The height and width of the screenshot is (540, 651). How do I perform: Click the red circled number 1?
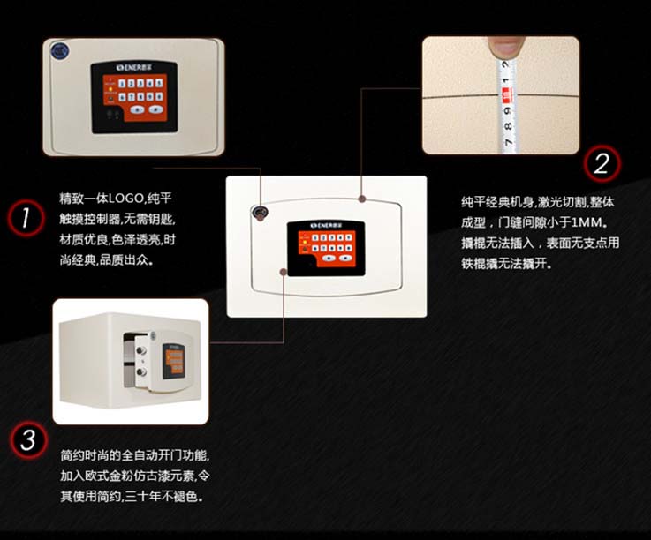click(x=26, y=218)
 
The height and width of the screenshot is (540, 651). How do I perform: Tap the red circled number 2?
click(x=602, y=163)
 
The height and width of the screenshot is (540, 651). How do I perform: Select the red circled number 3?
click(x=28, y=440)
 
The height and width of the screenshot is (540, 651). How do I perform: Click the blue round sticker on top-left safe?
click(x=60, y=51)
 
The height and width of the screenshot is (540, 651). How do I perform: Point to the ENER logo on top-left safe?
click(x=133, y=67)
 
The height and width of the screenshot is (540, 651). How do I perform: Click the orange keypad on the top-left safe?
click(x=135, y=97)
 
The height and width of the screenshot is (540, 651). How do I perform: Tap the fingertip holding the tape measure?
click(x=505, y=47)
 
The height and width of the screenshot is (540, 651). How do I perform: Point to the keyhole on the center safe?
click(x=260, y=213)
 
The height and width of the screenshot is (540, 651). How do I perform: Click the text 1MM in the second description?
click(x=586, y=222)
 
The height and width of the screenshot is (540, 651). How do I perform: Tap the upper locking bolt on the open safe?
click(x=142, y=351)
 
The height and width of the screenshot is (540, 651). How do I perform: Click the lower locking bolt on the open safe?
click(x=141, y=372)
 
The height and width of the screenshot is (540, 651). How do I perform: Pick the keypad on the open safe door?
click(x=173, y=362)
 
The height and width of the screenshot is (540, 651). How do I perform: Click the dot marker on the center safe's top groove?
click(x=362, y=199)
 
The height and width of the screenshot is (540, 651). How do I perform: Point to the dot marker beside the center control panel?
click(x=284, y=272)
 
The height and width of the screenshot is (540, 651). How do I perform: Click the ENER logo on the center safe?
click(x=326, y=225)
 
